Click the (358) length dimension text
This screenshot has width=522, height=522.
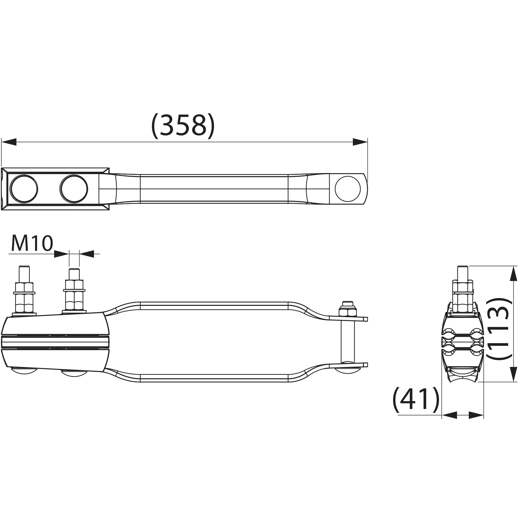pyautogui.click(x=183, y=126)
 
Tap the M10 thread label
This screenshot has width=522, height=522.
pyautogui.click(x=32, y=243)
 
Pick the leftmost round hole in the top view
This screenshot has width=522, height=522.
pyautogui.click(x=24, y=189)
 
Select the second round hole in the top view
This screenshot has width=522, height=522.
pyautogui.click(x=74, y=189)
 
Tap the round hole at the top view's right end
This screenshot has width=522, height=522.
pyautogui.click(x=348, y=189)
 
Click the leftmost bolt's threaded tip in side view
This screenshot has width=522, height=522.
pyautogui.click(x=24, y=274)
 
